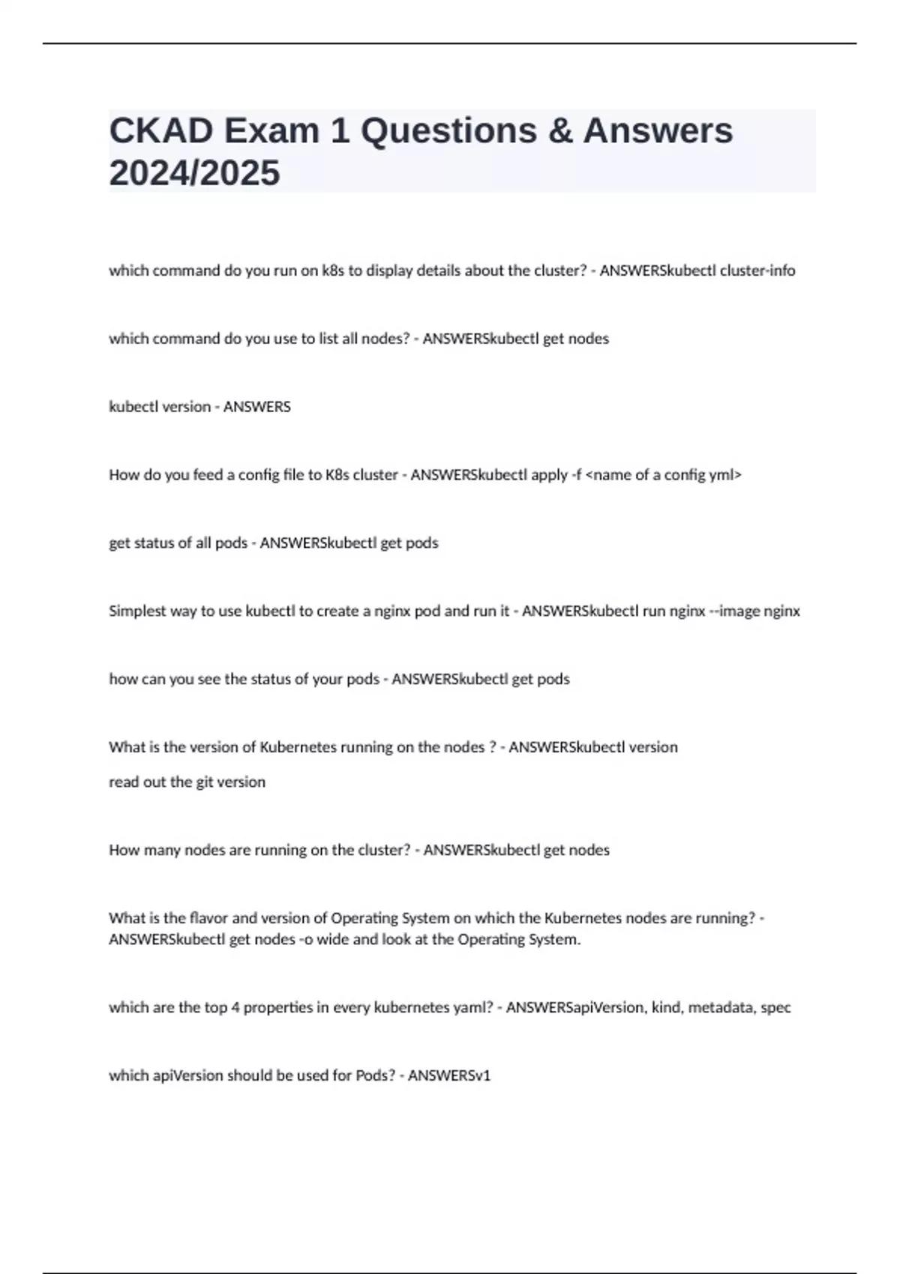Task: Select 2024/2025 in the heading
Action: (x=194, y=172)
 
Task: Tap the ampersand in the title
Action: (x=560, y=130)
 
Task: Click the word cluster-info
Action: (x=757, y=271)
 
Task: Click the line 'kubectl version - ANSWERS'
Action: (x=199, y=407)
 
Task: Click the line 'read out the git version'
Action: (x=187, y=782)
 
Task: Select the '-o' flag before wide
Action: (x=306, y=940)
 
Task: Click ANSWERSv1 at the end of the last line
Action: (x=448, y=1076)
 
